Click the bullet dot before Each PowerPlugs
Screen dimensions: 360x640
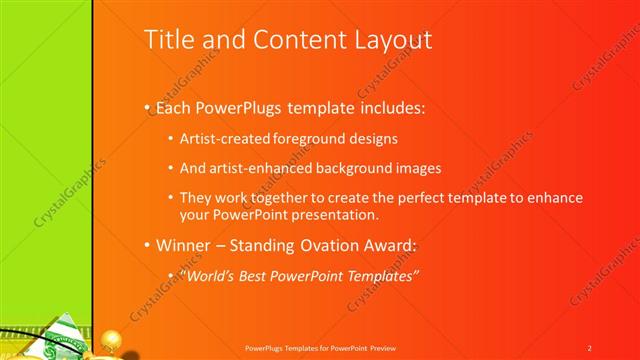[x=147, y=106]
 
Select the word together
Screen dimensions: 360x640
[x=291, y=198]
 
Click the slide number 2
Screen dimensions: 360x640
[x=590, y=347]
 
